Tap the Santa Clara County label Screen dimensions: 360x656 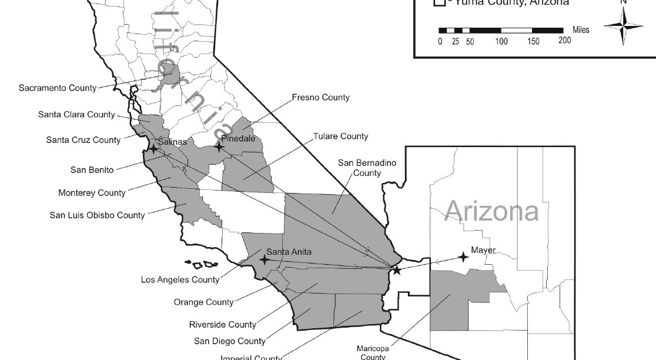pos(76,115)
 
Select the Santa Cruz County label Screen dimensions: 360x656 pos(83,140)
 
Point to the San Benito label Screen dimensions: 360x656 pos(92,171)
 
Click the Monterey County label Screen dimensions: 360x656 pos(92,192)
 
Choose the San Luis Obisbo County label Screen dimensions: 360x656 pos(97,215)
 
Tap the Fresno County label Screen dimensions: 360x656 pos(321,97)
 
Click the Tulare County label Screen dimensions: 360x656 pos(341,136)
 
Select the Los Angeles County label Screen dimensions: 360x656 pos(180,280)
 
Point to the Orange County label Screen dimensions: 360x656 pos(203,302)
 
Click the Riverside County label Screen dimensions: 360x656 pos(222,324)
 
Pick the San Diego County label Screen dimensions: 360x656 pos(230,341)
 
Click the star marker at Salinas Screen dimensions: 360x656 pos(153,149)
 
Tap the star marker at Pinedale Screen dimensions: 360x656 pos(219,146)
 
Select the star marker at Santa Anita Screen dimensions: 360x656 pos(265,259)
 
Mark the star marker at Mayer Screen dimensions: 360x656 pos(463,256)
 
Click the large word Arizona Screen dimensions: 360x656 pos(491,211)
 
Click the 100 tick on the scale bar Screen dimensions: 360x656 pos(501,41)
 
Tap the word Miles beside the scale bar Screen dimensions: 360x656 pos(580,30)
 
